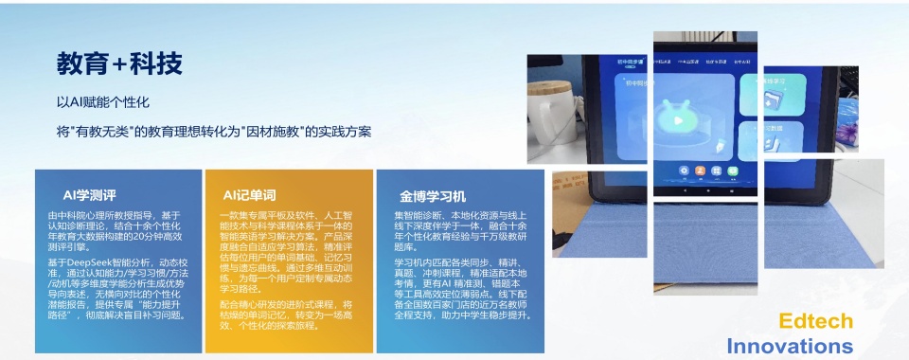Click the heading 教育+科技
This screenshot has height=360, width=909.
[x=119, y=63]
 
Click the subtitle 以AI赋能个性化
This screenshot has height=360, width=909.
[x=103, y=101]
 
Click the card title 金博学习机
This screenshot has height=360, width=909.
[x=433, y=196]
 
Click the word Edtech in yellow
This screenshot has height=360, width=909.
[x=815, y=320]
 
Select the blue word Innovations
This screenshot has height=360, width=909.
[x=790, y=345]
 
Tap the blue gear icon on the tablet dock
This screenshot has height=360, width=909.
[x=684, y=171]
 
